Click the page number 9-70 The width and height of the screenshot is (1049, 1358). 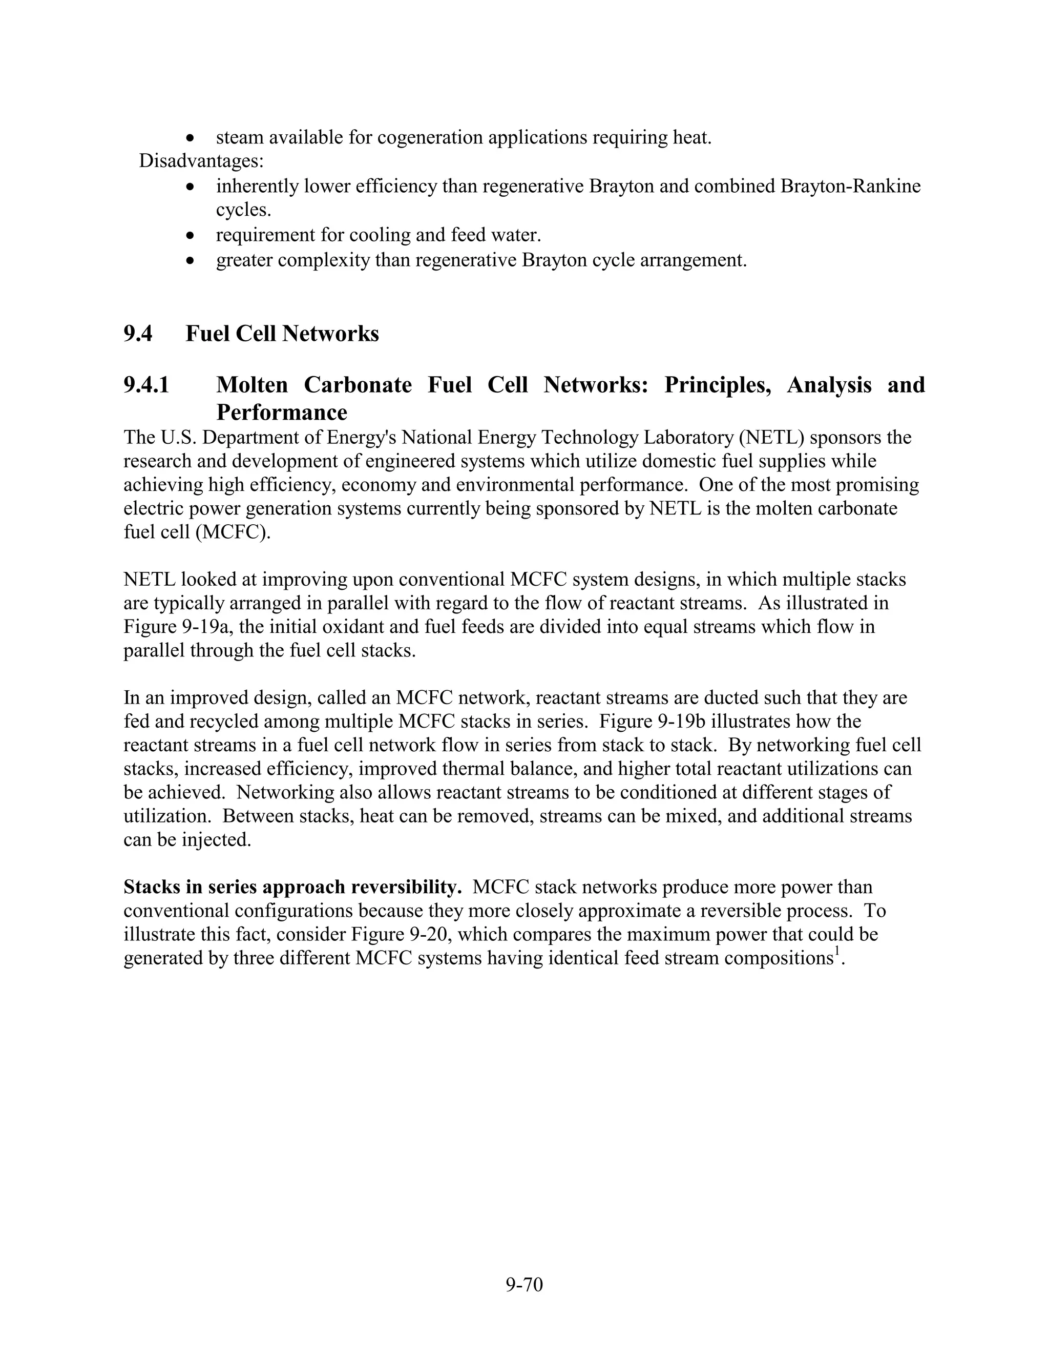click(x=524, y=1284)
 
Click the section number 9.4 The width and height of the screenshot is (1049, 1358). click(x=137, y=334)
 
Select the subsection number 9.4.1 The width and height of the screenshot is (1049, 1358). click(x=146, y=385)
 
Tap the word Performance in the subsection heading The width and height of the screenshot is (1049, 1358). click(x=282, y=412)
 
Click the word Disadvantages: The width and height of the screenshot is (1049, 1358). click(x=201, y=160)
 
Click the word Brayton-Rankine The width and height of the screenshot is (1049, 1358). click(x=850, y=186)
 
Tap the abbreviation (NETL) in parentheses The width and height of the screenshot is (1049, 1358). click(x=772, y=437)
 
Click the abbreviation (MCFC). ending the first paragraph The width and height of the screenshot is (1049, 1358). click(x=233, y=533)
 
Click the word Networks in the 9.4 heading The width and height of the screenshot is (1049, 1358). click(x=330, y=334)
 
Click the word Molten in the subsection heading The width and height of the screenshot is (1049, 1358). click(x=251, y=385)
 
